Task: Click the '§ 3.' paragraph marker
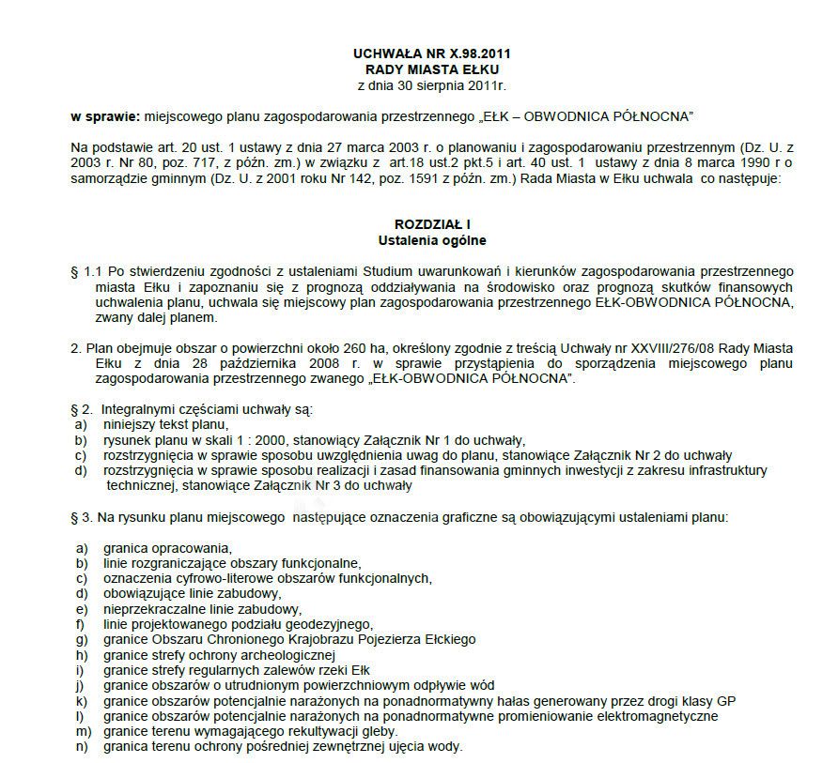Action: (x=82, y=516)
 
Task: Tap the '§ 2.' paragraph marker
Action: (x=82, y=409)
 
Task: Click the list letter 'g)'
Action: (x=83, y=639)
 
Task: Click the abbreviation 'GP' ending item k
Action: (x=725, y=700)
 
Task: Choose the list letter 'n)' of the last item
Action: (x=83, y=746)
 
